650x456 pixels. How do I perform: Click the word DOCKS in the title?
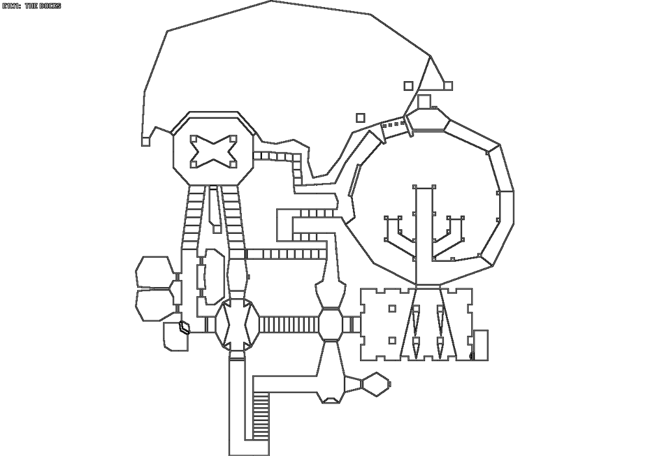[50, 6]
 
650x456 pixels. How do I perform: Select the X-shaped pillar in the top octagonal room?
[213, 152]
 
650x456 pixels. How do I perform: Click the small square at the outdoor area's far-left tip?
[145, 141]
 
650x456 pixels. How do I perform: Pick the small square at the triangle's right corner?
[448, 86]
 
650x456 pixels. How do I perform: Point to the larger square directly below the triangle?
[424, 101]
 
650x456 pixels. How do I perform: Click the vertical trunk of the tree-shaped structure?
[424, 236]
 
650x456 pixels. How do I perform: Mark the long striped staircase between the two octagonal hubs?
[289, 324]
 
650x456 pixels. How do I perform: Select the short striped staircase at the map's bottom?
[261, 416]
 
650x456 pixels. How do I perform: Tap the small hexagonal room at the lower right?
[376, 385]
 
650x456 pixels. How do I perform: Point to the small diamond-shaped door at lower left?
[184, 327]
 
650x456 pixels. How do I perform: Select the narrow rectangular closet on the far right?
[480, 344]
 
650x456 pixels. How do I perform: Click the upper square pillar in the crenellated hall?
[392, 308]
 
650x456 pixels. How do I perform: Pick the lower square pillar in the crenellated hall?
[392, 340]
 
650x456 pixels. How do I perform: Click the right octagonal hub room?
[331, 324]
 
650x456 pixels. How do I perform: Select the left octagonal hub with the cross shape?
[237, 324]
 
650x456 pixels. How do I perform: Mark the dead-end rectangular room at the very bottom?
[249, 448]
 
